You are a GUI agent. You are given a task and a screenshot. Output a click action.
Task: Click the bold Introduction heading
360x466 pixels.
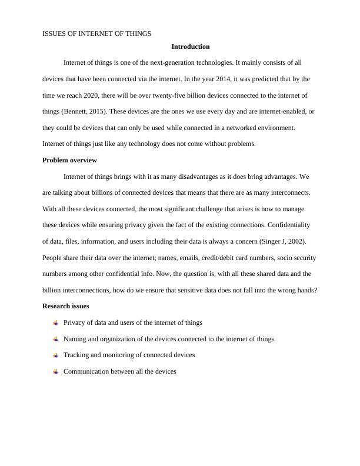coord(191,46)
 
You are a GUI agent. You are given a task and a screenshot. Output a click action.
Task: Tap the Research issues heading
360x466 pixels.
coord(66,306)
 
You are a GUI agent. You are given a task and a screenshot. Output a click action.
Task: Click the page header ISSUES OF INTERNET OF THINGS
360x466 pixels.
coord(97,34)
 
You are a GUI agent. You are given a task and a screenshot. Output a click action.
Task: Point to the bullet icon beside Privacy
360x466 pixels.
coord(55,322)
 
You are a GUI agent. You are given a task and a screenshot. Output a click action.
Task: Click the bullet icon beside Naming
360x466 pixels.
coord(55,339)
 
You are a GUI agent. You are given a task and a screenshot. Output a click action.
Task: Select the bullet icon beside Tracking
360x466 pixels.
coord(55,355)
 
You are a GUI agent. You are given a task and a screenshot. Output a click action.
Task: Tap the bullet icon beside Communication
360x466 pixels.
coord(55,372)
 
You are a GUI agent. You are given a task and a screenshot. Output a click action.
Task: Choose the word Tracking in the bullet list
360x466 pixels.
coord(76,355)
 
